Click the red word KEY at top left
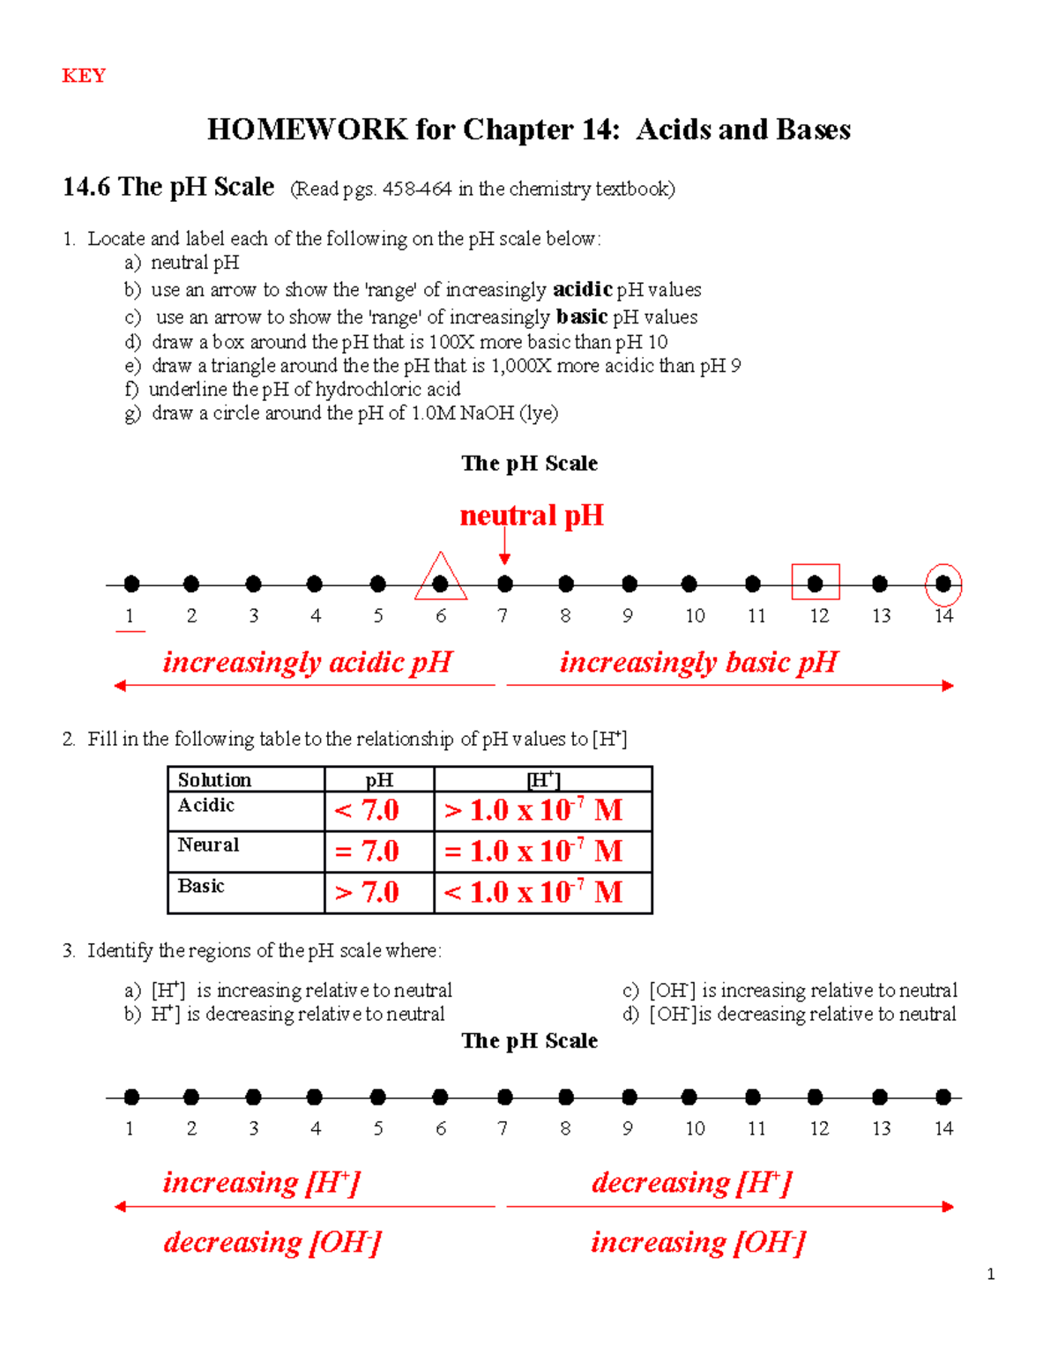[x=84, y=76]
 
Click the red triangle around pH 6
[x=440, y=578]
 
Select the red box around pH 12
[x=816, y=582]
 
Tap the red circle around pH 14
[x=943, y=584]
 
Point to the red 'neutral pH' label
[x=532, y=516]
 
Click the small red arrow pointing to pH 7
[x=504, y=551]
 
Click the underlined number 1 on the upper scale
[x=130, y=616]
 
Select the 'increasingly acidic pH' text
[x=307, y=662]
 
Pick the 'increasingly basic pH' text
[x=698, y=662]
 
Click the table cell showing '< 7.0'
[x=368, y=810]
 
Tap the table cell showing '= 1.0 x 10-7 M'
[x=533, y=852]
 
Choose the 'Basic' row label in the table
[x=201, y=886]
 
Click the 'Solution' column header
[x=214, y=780]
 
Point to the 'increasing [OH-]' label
[x=697, y=1242]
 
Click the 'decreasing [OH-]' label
[x=272, y=1242]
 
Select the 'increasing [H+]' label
[x=262, y=1182]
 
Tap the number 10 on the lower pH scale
[x=695, y=1128]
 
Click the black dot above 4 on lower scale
[x=315, y=1097]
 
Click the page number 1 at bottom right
[x=991, y=1274]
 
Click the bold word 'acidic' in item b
[x=582, y=289]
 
